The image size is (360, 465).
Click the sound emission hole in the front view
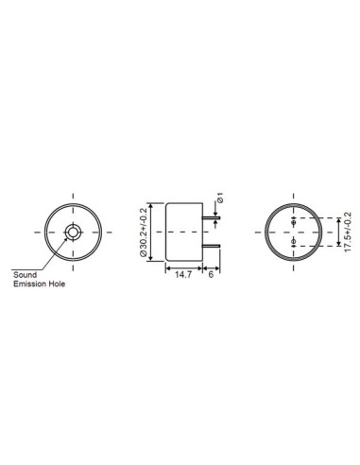73,232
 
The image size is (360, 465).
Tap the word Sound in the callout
25,275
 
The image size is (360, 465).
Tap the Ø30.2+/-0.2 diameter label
145,232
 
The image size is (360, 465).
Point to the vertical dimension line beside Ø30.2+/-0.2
153,232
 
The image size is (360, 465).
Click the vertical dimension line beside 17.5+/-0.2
337,232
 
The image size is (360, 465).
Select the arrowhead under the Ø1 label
218,212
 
